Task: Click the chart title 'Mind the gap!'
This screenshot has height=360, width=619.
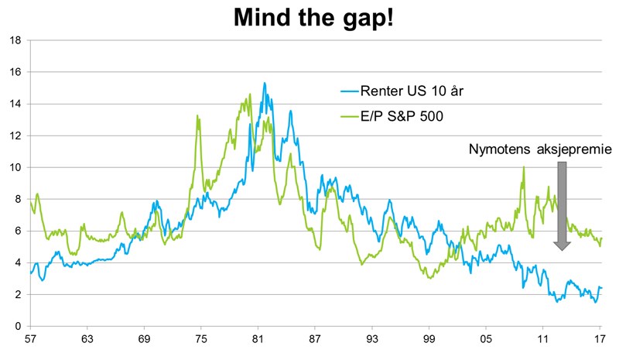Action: point(313,18)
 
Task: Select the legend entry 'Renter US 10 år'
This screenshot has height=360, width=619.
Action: point(412,91)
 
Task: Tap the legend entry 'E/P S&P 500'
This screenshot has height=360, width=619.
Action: point(402,116)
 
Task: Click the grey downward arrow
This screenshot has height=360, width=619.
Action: point(562,206)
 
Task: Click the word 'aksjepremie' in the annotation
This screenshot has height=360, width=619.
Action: point(574,149)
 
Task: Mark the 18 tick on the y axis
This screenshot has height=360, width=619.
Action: point(15,40)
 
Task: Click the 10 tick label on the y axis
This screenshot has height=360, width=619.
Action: point(15,167)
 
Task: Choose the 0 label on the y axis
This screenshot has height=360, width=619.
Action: point(18,327)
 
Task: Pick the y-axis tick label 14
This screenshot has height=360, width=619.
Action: point(15,104)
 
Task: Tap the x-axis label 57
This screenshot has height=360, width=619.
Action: point(30,339)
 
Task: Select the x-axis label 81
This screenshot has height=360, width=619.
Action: point(258,339)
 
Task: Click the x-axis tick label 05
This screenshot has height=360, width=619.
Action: point(486,339)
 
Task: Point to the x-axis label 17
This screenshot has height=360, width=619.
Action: point(600,339)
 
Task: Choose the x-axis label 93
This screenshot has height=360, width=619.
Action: point(372,339)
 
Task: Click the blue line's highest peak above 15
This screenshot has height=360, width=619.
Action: point(265,83)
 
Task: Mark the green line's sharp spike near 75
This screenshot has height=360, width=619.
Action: point(197,116)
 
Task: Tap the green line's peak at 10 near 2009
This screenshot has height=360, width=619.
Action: point(524,166)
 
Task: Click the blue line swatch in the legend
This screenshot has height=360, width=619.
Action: point(350,91)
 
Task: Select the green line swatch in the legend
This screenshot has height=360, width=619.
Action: point(350,117)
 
